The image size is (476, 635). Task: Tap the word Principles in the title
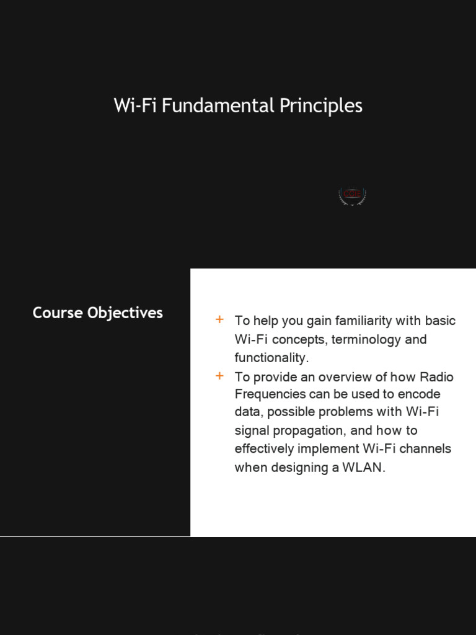pyautogui.click(x=320, y=106)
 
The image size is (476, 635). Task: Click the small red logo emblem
pyautogui.click(x=352, y=195)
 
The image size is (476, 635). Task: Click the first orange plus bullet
pyautogui.click(x=219, y=320)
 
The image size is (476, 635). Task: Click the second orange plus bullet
pyautogui.click(x=219, y=376)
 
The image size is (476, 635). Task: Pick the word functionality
pyautogui.click(x=271, y=358)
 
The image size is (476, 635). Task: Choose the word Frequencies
pyautogui.click(x=270, y=394)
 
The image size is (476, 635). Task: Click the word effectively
pyautogui.click(x=265, y=449)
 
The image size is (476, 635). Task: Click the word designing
pyautogui.click(x=302, y=468)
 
